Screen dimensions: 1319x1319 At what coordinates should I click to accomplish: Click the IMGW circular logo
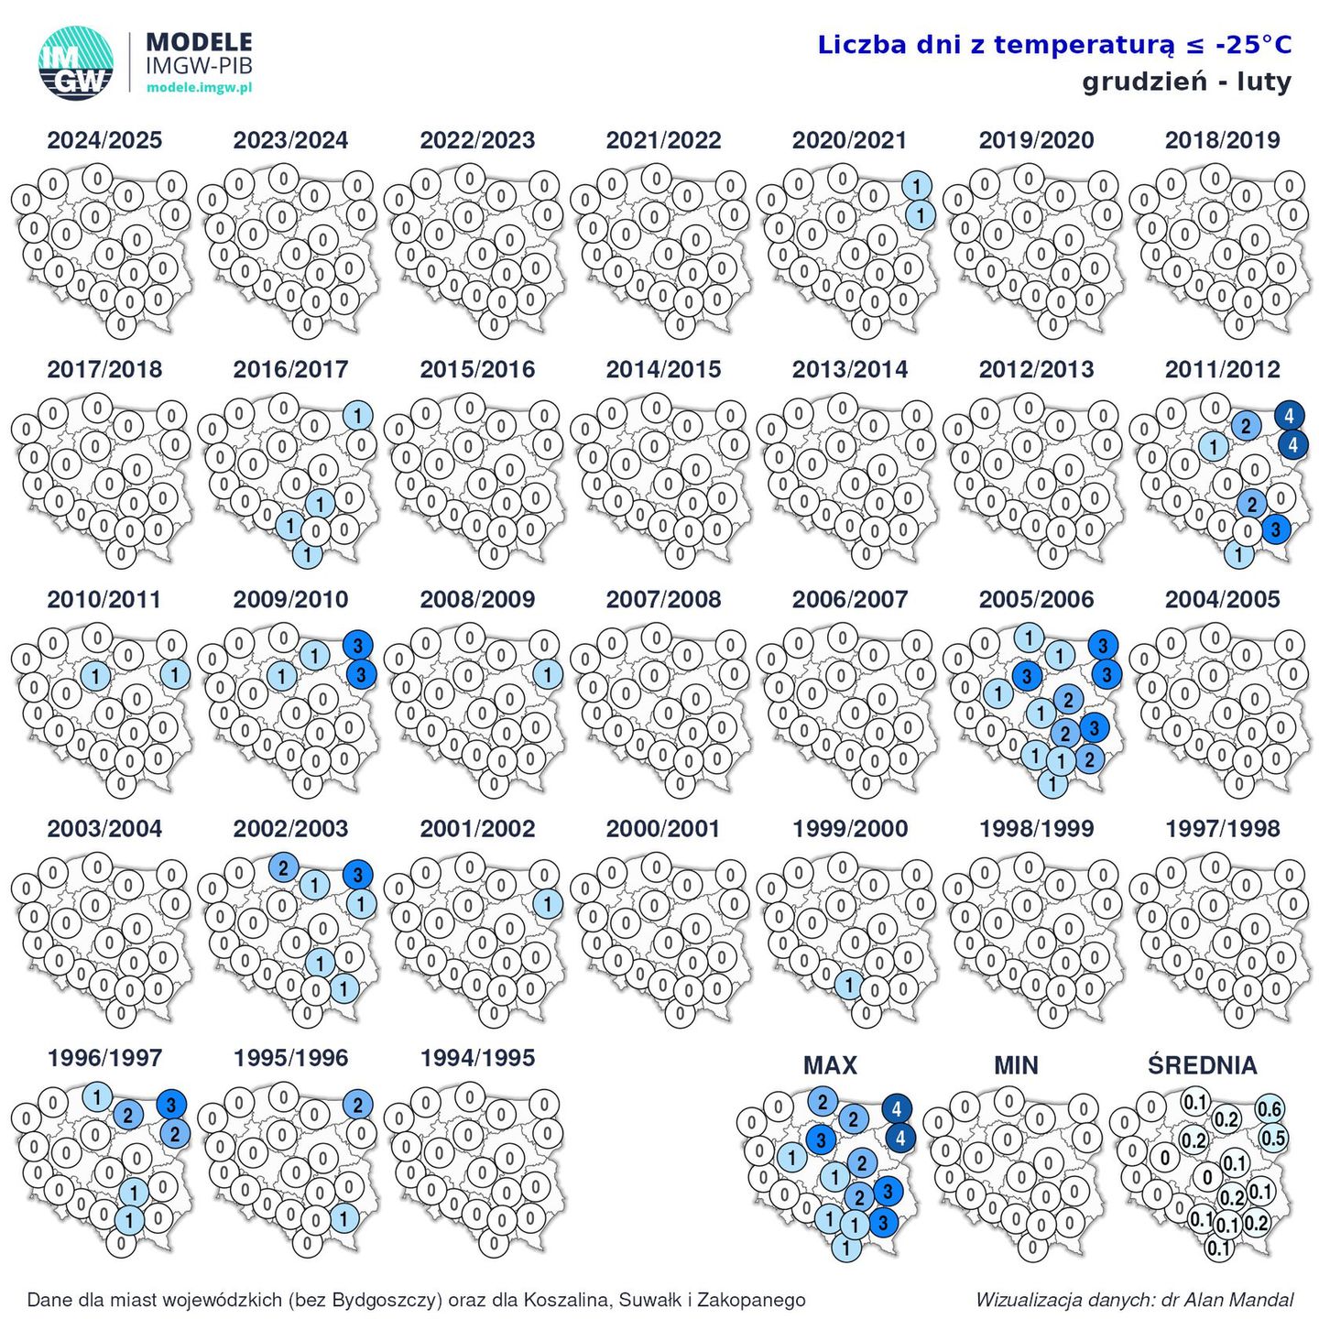[76, 62]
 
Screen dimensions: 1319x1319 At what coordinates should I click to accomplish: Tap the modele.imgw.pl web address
[199, 88]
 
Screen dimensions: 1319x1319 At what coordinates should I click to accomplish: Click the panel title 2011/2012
[1222, 369]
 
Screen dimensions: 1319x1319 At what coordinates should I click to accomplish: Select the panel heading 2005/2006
[1036, 599]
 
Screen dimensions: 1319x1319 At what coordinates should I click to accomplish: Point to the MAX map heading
[830, 1065]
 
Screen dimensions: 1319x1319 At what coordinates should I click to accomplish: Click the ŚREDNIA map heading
[1202, 1065]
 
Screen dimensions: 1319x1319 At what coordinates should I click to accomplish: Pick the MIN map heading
[1016, 1065]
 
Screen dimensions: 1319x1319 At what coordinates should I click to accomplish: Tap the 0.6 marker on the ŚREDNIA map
[1269, 1109]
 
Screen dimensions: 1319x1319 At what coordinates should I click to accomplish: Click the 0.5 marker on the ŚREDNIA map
[1273, 1139]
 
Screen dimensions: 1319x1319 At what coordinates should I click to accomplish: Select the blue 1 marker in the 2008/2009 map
[547, 675]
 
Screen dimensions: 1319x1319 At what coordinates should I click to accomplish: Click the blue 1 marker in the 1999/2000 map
[849, 986]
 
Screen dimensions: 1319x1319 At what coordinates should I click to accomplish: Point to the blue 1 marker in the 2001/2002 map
[547, 904]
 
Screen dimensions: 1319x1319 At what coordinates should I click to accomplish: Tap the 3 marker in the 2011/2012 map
[1275, 529]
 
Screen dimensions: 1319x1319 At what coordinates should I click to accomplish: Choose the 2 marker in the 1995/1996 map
[357, 1105]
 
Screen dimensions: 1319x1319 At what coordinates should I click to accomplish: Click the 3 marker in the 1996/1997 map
[170, 1105]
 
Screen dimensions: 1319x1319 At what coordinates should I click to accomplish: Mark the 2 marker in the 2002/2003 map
[283, 867]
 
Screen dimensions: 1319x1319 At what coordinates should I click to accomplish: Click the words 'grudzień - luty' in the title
[1186, 82]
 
